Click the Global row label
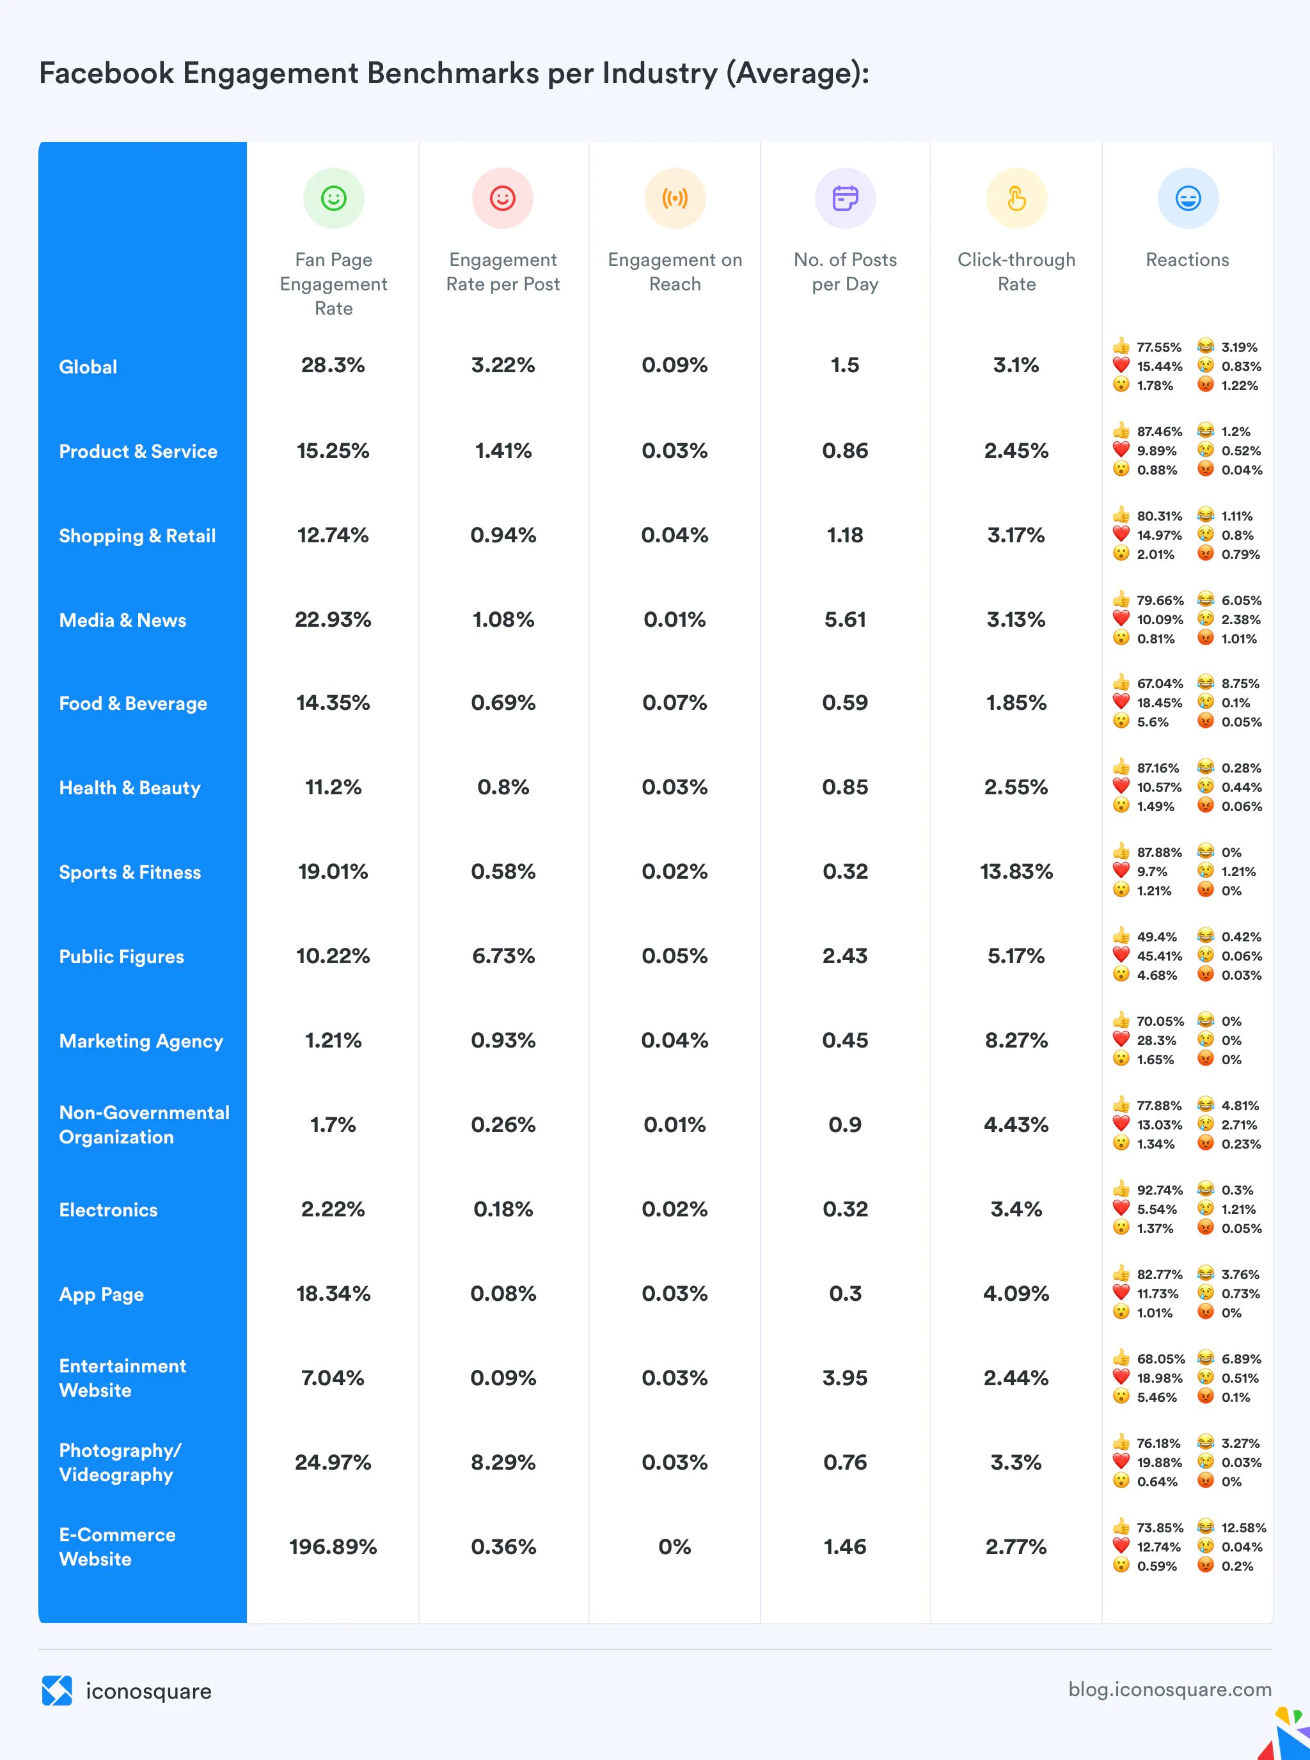coord(88,367)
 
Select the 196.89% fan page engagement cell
coord(333,1547)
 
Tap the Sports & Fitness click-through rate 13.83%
coord(1016,872)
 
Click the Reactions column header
coord(1187,260)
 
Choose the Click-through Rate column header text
coord(1016,272)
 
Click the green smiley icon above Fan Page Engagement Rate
coord(334,198)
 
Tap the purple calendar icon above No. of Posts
coord(846,198)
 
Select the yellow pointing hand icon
coord(1016,198)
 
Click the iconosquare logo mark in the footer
coord(57,1690)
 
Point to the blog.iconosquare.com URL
coord(1170,1690)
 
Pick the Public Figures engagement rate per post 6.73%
coord(503,956)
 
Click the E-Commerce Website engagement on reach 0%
coord(675,1547)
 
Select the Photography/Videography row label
coord(120,1463)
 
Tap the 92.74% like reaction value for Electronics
coord(1159,1190)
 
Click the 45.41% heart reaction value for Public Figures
coord(1159,956)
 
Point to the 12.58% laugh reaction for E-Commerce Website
coord(1243,1528)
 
